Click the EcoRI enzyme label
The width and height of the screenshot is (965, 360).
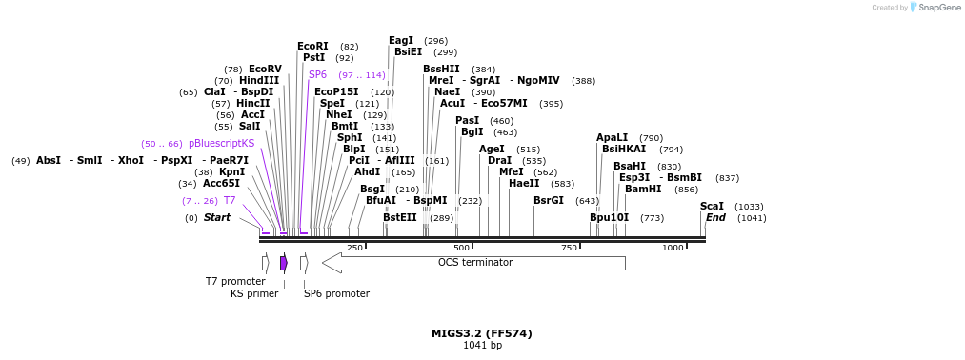click(x=312, y=46)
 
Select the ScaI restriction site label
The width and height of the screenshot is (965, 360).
click(x=712, y=206)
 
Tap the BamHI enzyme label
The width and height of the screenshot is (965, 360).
click(x=643, y=189)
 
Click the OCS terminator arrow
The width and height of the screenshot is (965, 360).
click(x=474, y=263)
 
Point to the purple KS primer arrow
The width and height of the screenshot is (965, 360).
click(x=284, y=263)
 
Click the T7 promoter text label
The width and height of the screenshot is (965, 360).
click(x=235, y=281)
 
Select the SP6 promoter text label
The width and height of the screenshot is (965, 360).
click(x=336, y=293)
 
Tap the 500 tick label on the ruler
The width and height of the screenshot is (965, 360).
click(x=461, y=248)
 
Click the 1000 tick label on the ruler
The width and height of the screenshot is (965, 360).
click(x=673, y=248)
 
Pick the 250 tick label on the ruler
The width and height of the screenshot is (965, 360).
click(x=354, y=248)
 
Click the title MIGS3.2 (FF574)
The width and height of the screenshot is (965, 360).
click(x=482, y=333)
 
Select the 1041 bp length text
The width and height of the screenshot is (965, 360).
click(x=482, y=345)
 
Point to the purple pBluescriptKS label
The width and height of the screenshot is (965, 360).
click(x=222, y=143)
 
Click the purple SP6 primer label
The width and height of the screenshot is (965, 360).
click(x=317, y=74)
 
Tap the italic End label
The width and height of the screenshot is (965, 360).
click(x=715, y=217)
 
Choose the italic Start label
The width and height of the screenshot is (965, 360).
click(x=216, y=217)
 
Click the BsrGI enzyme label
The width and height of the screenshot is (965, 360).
click(x=549, y=200)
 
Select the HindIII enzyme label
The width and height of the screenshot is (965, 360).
click(x=259, y=80)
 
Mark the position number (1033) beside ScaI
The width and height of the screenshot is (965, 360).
click(x=749, y=207)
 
